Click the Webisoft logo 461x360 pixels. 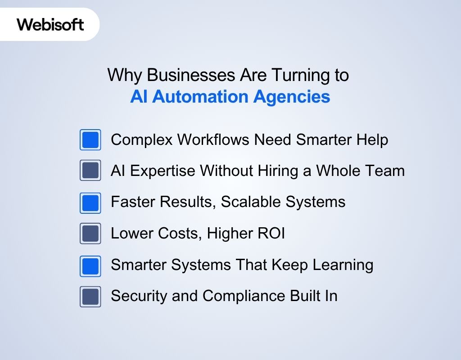[x=50, y=24]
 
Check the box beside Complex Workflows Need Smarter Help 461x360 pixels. [x=90, y=140]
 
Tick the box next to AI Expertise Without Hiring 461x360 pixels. [x=90, y=171]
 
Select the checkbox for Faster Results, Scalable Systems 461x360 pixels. [x=90, y=202]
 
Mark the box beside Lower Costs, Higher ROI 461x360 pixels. [x=90, y=234]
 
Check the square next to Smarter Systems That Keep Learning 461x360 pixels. [x=90, y=265]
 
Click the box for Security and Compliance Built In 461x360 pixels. [x=90, y=297]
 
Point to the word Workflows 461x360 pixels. [x=207, y=140]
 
